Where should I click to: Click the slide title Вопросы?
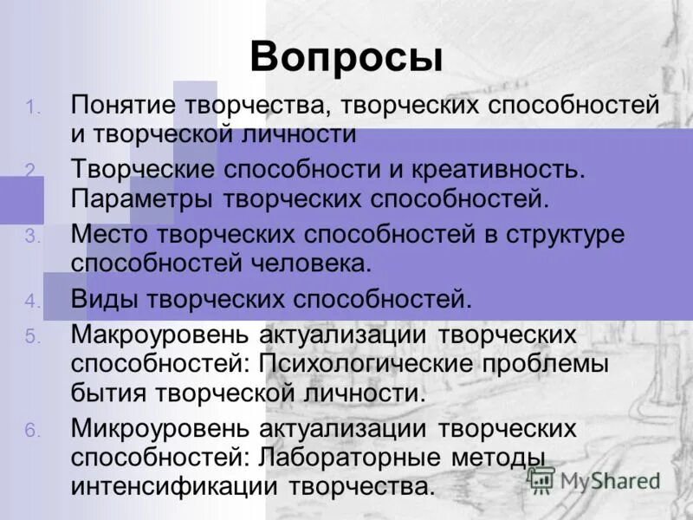tap(346, 57)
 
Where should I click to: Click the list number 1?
tap(31, 107)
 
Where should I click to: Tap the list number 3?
tap(31, 236)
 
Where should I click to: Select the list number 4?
tap(31, 302)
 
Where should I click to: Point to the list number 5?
tap(31, 336)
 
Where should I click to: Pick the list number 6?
tap(31, 430)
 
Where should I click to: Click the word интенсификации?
tap(172, 485)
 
